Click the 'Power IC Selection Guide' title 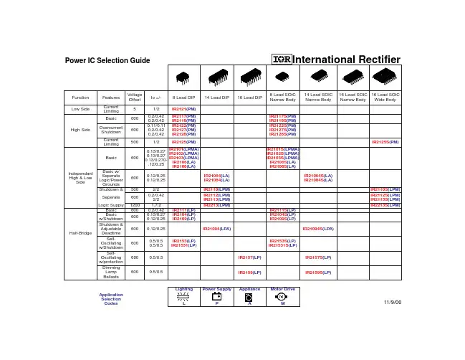[x=107, y=60]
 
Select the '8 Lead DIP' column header [x=183, y=95]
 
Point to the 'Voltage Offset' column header [x=134, y=95]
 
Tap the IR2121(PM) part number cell [x=183, y=108]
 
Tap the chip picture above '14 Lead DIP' [x=216, y=77]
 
